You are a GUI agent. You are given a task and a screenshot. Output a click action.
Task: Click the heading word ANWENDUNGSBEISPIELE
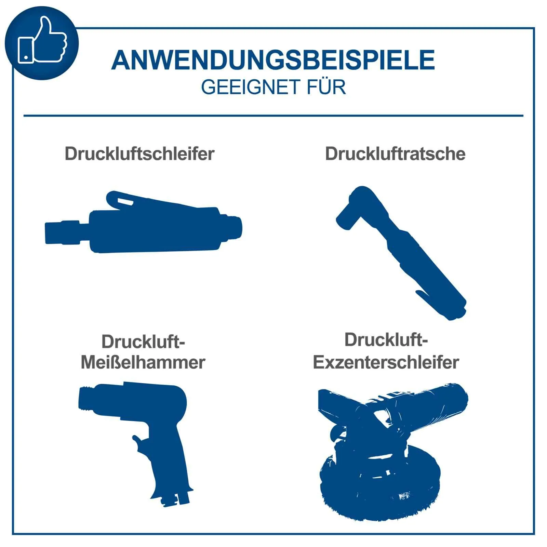point(273,60)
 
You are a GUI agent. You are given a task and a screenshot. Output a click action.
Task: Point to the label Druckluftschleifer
point(139,154)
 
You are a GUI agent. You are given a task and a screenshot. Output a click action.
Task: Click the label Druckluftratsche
point(395,154)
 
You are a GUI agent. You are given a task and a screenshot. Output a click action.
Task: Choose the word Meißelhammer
point(143,362)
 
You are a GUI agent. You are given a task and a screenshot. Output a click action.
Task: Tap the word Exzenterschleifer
point(386,362)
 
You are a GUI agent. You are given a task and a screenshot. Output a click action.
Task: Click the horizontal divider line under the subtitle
point(273,116)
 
